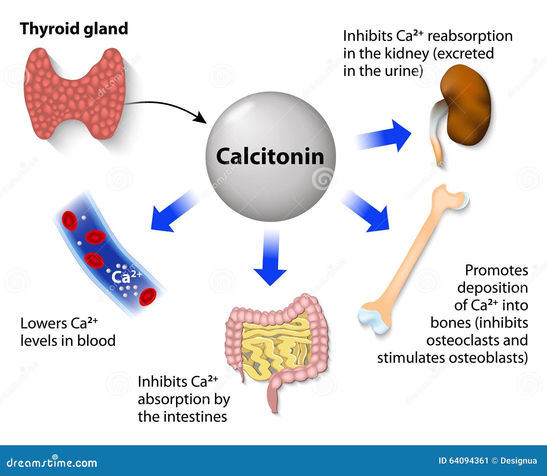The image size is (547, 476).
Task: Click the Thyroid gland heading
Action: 74,29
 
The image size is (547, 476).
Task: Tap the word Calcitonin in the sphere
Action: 270,157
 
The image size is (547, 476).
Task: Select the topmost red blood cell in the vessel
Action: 69,220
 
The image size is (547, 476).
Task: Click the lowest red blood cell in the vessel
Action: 148,297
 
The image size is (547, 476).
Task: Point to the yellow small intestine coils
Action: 277,345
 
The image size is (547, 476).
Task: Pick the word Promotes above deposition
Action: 496,270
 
